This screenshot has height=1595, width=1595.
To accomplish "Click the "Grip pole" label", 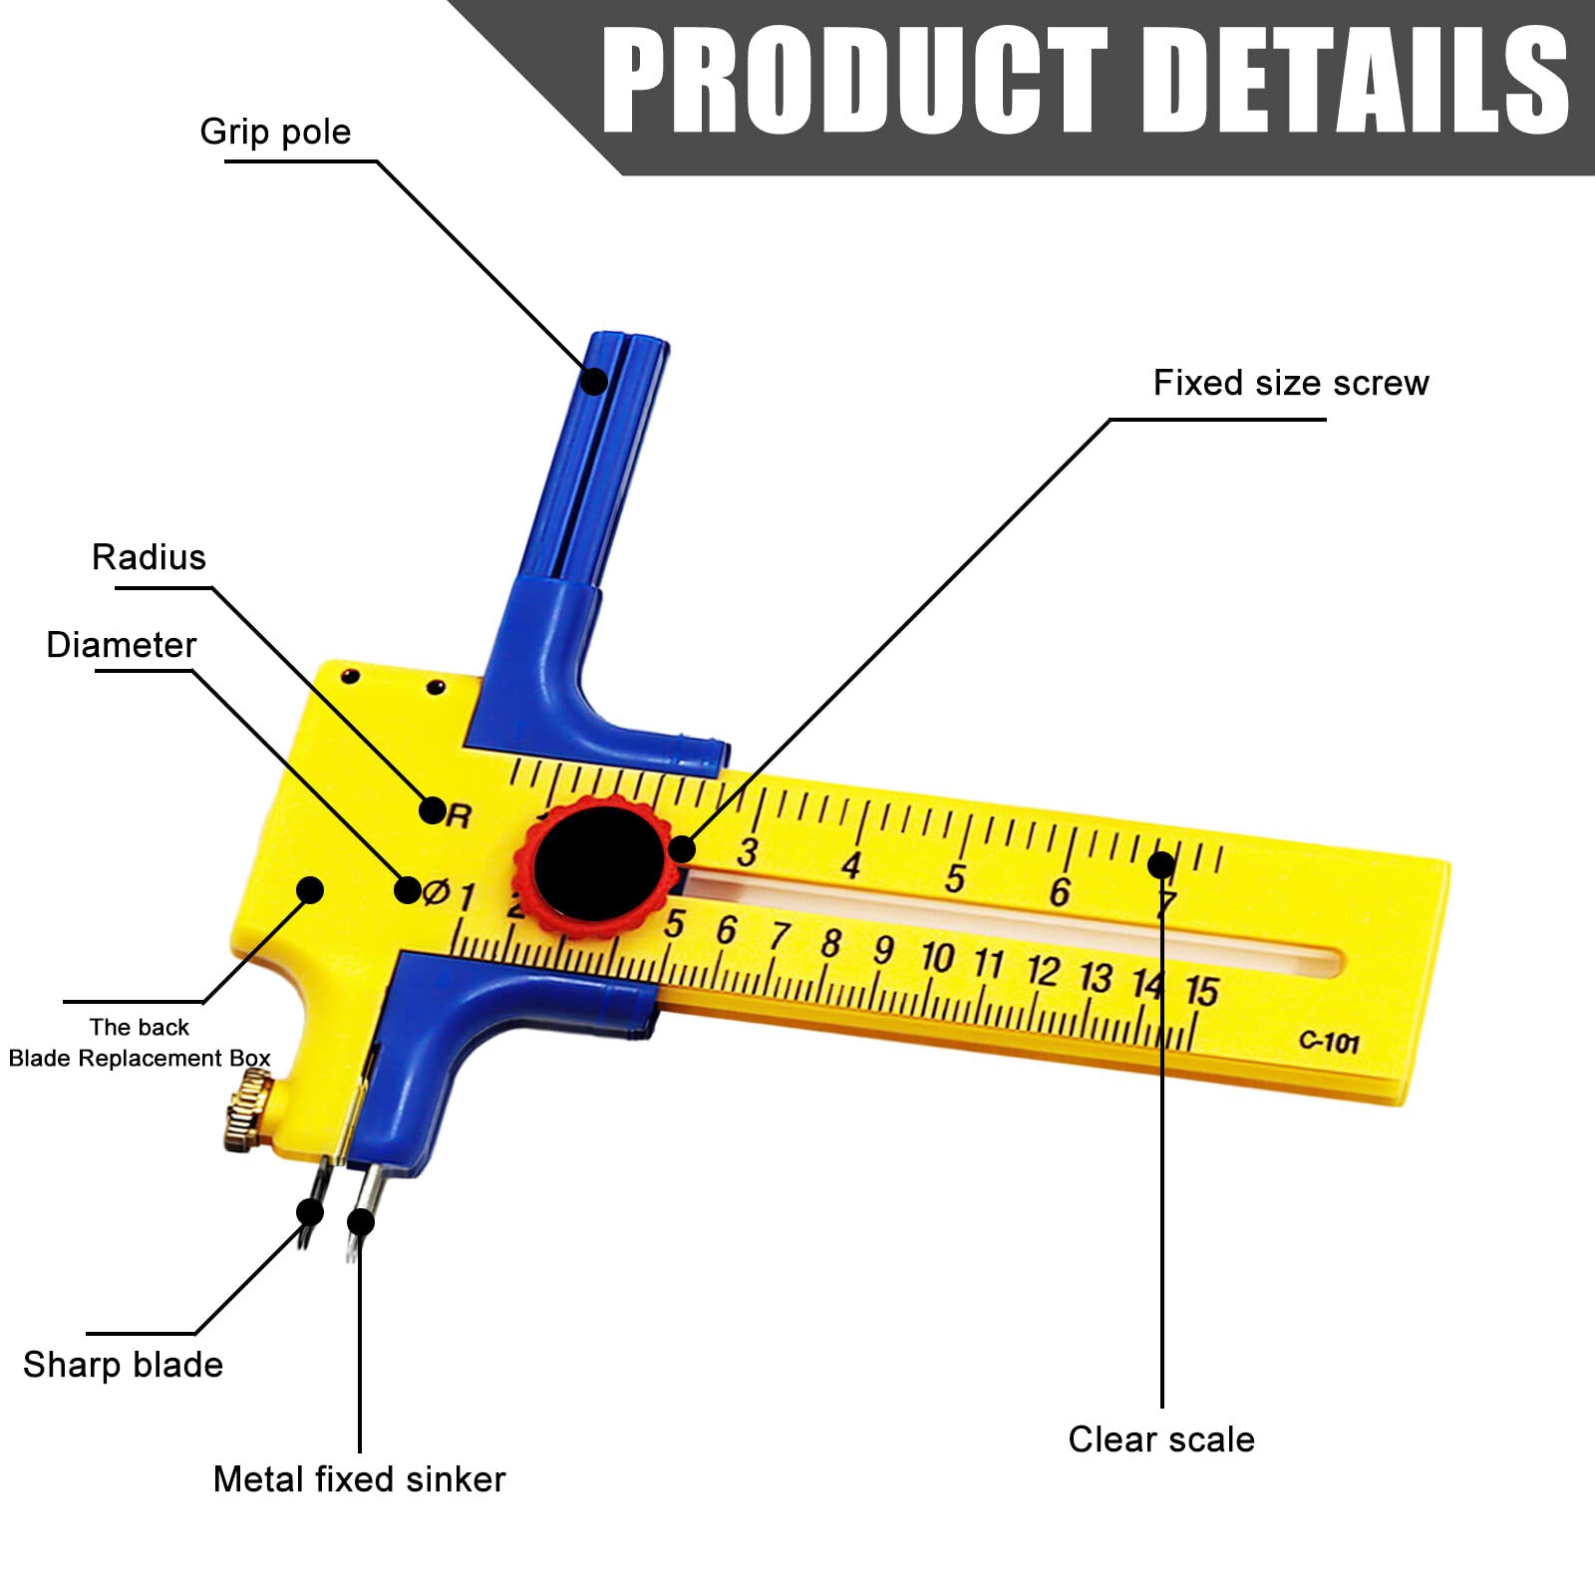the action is pos(275,133).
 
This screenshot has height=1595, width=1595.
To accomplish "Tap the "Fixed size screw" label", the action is pos(1291,383).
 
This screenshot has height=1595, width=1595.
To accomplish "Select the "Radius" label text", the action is pos(149,557).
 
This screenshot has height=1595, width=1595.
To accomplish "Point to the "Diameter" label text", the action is pos(122,645).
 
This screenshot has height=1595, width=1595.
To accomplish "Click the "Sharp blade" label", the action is pos(123,1365).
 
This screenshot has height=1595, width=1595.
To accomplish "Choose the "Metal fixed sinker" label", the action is pos(359,1479).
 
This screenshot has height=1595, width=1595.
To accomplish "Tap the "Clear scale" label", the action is pos(1161,1439).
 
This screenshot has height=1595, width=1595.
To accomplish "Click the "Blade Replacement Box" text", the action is pos(140,1059).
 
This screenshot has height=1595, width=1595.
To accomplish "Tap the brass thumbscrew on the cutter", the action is pos(249,1111).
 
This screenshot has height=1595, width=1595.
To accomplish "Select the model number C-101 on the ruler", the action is pos(1329,1042).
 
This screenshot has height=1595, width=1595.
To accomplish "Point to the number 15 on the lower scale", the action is pos(1201,991).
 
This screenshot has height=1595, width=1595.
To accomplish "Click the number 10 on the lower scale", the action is pos(937,957).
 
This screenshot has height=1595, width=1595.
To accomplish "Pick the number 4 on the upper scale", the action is pos(850,865).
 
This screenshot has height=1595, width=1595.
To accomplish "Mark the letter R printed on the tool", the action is pos(459,816).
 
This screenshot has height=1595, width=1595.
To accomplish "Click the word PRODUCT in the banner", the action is pos(854,80).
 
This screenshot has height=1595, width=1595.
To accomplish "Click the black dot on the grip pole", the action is pos(594,381).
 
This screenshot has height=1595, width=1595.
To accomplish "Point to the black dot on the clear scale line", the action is pos(1161,864).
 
